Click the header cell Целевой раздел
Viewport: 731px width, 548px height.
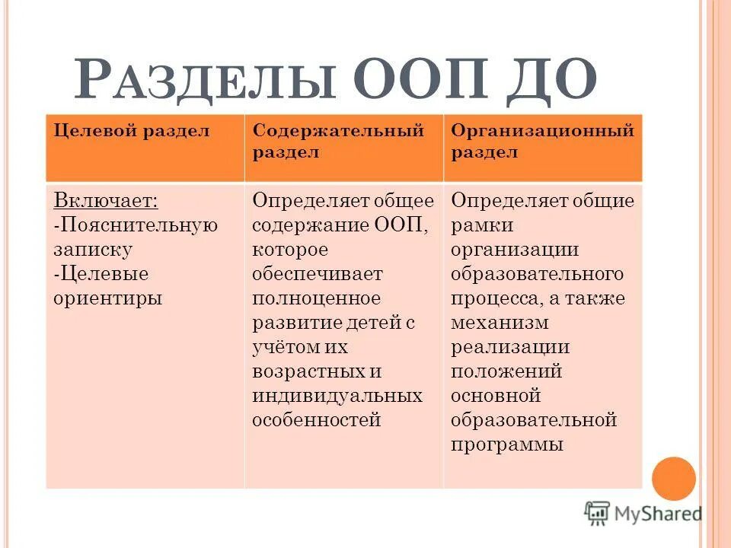click(131, 131)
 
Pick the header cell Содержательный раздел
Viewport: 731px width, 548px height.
click(338, 141)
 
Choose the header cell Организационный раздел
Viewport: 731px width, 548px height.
click(542, 141)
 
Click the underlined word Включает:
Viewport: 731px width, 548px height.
click(106, 201)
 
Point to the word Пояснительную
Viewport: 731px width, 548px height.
click(139, 225)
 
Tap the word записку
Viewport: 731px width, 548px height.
click(93, 249)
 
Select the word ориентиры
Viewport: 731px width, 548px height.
click(108, 298)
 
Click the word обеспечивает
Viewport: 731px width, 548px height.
click(318, 273)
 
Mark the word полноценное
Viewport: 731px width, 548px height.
click(316, 298)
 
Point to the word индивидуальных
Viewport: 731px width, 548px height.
click(337, 396)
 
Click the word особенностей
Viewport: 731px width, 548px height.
click(316, 420)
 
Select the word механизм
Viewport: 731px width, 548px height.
click(500, 323)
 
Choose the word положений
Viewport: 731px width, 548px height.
click(506, 371)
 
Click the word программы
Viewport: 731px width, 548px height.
click(507, 444)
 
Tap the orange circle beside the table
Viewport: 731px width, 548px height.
click(674, 478)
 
